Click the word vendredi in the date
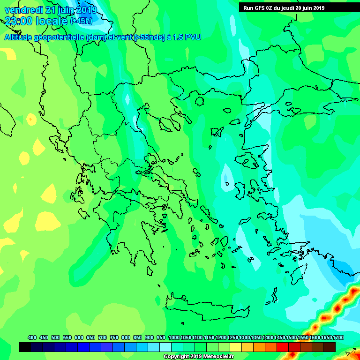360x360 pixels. pyautogui.click(x=23, y=10)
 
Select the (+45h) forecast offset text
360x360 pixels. pyautogui.click(x=81, y=21)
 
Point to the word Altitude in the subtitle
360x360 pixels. pyautogui.click(x=19, y=37)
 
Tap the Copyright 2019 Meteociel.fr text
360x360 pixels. pyautogui.click(x=198, y=356)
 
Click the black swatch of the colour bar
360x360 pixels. pyautogui.click(x=25, y=347)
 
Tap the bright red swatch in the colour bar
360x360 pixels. pyautogui.click(x=282, y=347)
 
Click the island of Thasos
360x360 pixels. pyautogui.click(x=199, y=100)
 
